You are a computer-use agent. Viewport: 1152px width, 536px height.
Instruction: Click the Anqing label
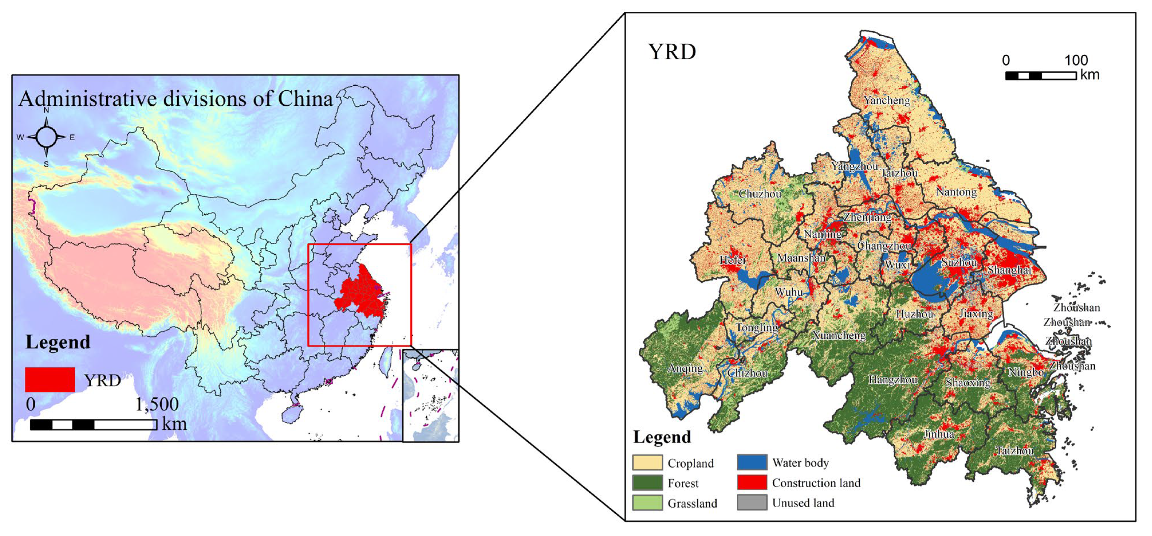685,368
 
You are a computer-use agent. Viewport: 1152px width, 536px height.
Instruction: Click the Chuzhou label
760,193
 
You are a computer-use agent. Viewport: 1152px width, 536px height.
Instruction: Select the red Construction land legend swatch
752,482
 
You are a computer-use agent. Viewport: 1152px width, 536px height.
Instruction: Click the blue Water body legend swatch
752,462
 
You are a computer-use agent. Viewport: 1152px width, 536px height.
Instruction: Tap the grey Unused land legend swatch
752,503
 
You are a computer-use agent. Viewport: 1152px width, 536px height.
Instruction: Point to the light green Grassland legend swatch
647,503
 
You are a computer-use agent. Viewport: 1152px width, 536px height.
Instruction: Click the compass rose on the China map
46,137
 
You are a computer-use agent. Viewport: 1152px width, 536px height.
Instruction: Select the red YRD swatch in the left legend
50,379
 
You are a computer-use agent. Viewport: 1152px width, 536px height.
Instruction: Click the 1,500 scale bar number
157,404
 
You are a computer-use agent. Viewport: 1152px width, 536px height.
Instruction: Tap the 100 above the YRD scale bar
1076,60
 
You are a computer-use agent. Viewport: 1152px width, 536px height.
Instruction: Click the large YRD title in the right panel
672,52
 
